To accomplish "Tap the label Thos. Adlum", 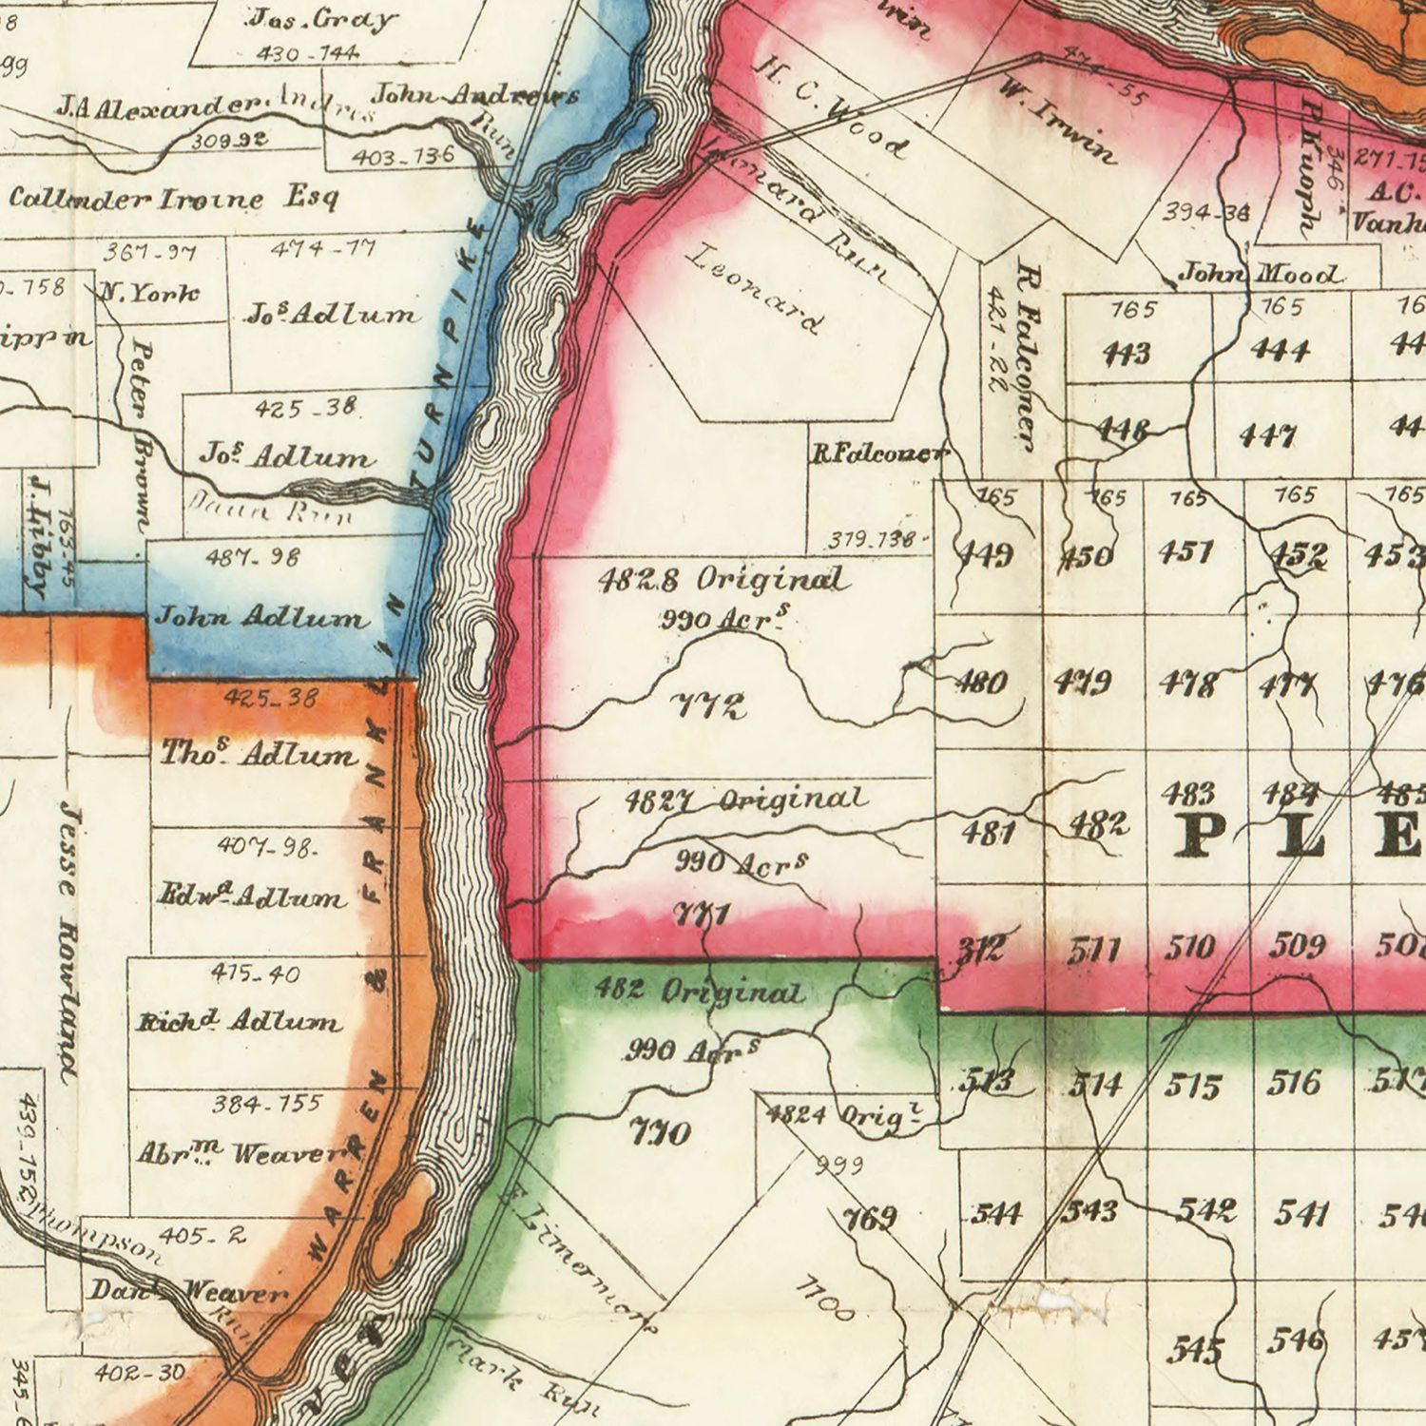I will tap(260, 756).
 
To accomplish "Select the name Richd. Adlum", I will tap(239, 1023).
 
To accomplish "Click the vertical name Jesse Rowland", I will tap(67, 941).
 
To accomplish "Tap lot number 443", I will tap(1127, 354).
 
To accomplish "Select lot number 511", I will tap(1093, 949).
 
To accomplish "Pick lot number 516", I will tap(1295, 1083).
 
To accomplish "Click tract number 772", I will tap(709, 706).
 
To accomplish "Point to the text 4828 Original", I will tap(723, 579).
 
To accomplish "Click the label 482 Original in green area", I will tap(700, 992).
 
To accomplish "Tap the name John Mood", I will tap(1261, 275).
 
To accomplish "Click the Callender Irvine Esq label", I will tap(174, 200).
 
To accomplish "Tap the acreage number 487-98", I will tap(253, 557).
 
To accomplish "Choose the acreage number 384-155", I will tap(269, 1105).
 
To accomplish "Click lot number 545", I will tap(1196, 1350).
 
